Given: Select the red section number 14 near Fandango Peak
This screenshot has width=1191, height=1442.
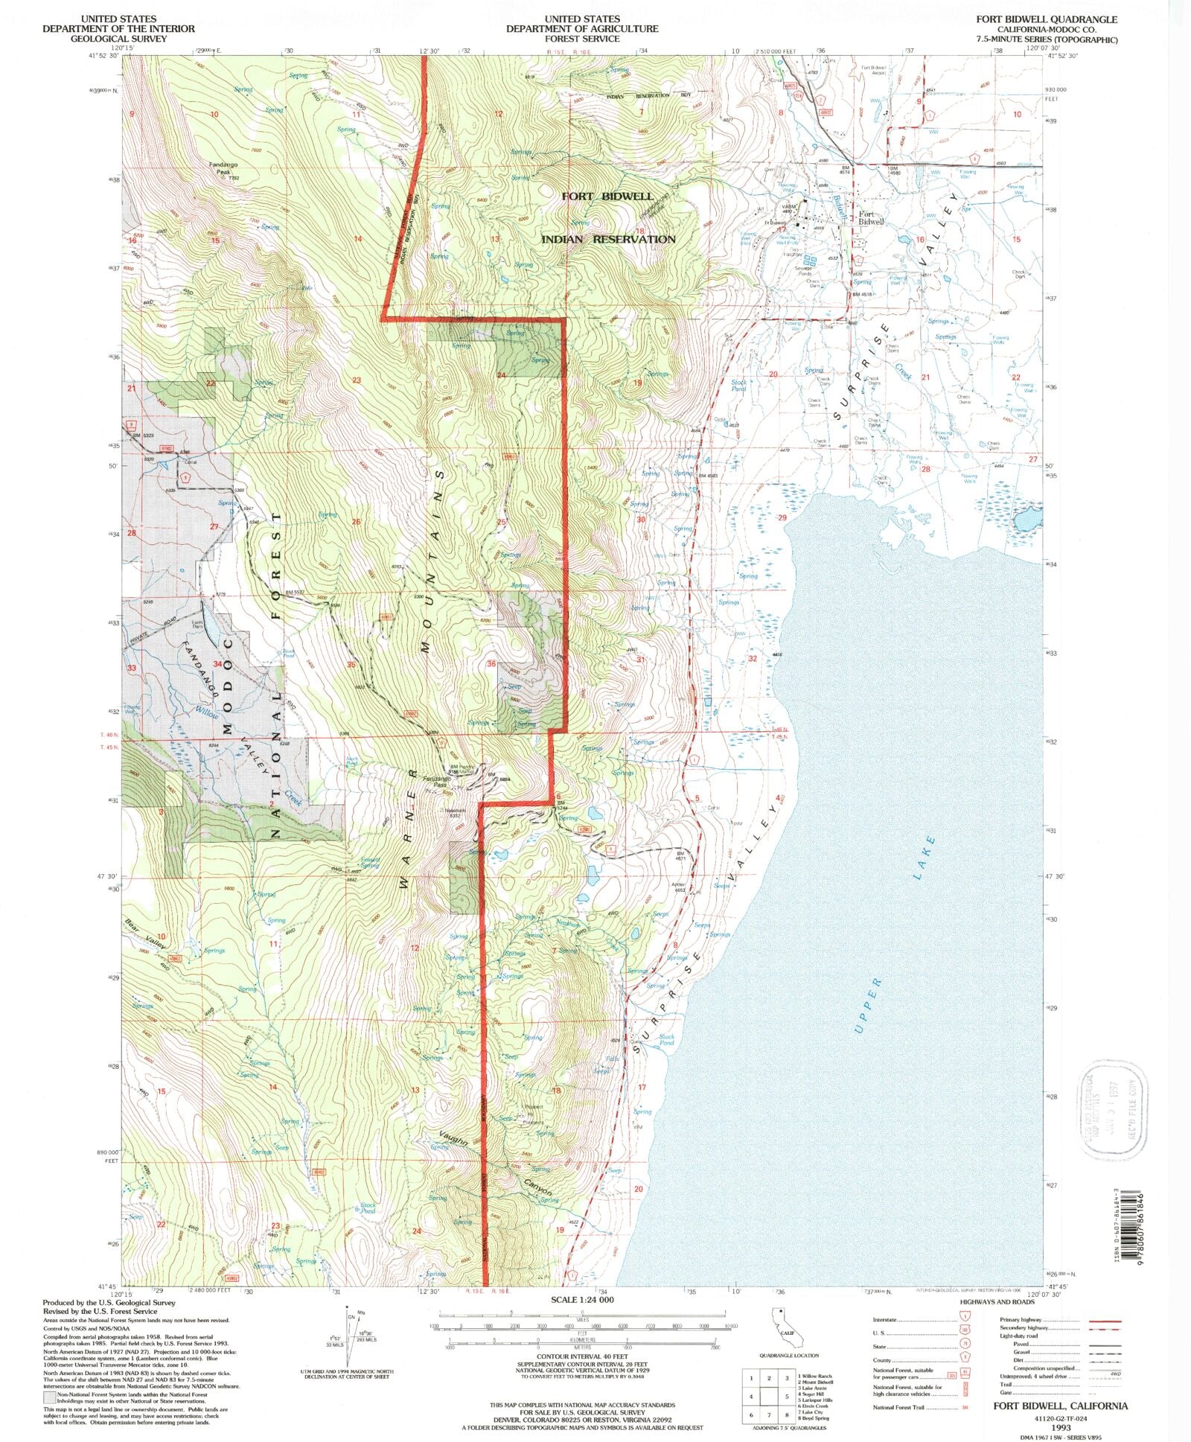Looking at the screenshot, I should click(358, 239).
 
